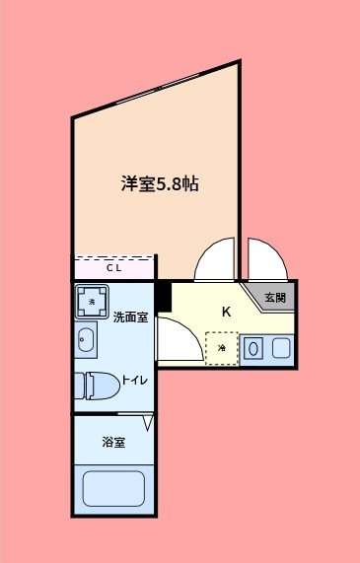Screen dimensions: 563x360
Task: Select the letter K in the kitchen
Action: coord(226,313)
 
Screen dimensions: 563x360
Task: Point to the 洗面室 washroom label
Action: coord(129,317)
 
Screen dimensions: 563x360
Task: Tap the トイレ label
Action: coord(135,378)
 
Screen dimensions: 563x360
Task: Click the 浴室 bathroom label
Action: coord(113,443)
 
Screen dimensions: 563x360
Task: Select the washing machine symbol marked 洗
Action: coord(93,302)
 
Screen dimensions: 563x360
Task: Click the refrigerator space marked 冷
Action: coord(222,348)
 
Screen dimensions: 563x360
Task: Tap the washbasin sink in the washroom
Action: coord(85,341)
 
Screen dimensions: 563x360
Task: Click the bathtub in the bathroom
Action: coord(113,489)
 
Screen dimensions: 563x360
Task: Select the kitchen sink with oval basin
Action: coord(254,348)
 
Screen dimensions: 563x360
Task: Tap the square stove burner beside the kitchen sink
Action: coord(281,348)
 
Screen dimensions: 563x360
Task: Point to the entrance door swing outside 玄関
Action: coord(266,260)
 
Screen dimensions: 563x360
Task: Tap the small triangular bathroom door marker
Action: coord(148,423)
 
